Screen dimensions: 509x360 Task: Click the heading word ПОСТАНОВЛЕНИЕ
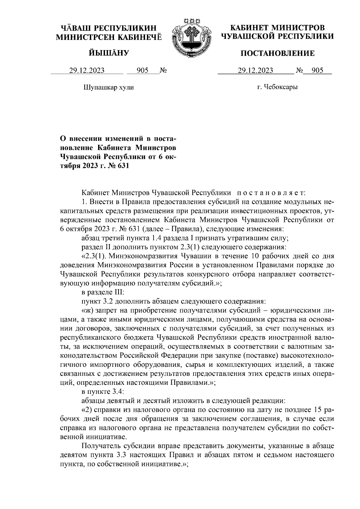coord(278,53)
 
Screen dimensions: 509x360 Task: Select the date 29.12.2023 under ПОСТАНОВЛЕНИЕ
coord(255,71)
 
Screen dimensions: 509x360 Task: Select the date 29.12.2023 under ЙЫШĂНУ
coord(87,71)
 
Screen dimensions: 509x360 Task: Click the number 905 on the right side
coord(317,71)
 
